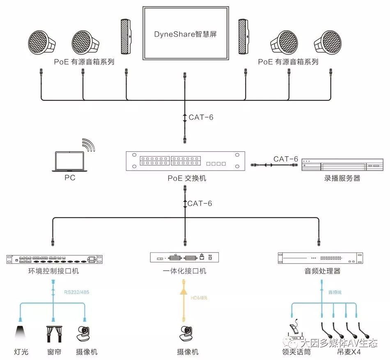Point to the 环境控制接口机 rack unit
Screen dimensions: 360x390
pyautogui.click(x=53, y=259)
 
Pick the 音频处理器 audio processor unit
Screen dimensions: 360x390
pyautogui.click(x=319, y=258)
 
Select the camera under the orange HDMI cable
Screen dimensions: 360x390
pyautogui.click(x=185, y=333)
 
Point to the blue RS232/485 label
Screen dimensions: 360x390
pyautogui.click(x=77, y=292)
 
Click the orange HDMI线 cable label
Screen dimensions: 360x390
pyautogui.click(x=199, y=297)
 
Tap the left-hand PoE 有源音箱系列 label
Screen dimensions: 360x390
pyautogui.click(x=84, y=62)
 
